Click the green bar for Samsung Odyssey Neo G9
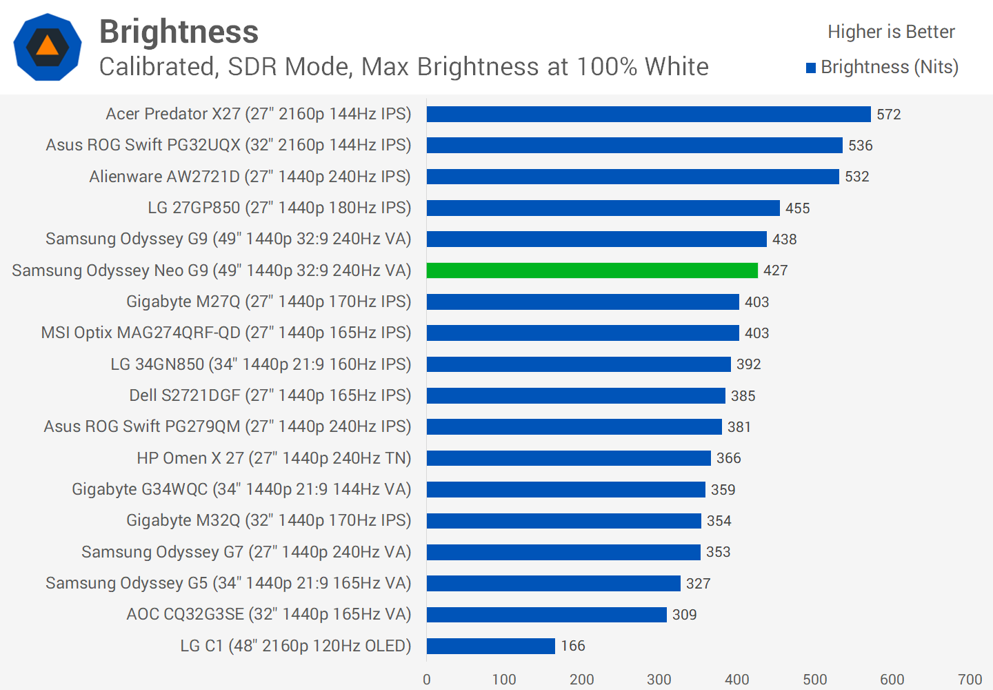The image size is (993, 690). (592, 270)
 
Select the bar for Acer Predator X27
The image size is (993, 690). (648, 115)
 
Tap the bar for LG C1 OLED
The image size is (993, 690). (490, 646)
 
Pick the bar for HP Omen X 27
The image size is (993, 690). (568, 458)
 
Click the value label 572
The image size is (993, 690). (889, 115)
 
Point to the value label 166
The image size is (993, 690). (573, 646)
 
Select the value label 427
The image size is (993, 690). (776, 270)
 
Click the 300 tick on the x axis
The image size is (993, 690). (659, 680)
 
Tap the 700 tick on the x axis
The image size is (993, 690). (970, 680)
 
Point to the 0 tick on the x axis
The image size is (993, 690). (427, 680)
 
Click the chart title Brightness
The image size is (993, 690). (179, 32)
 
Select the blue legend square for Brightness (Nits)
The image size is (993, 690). (811, 68)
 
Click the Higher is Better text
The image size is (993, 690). (891, 32)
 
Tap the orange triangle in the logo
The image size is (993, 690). (47, 46)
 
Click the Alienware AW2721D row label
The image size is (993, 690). (250, 177)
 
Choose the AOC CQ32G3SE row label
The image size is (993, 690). (268, 614)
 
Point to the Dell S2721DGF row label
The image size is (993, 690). (270, 395)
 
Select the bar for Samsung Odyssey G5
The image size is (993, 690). (553, 584)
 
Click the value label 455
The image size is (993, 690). (798, 208)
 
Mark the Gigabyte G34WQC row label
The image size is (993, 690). (241, 489)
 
